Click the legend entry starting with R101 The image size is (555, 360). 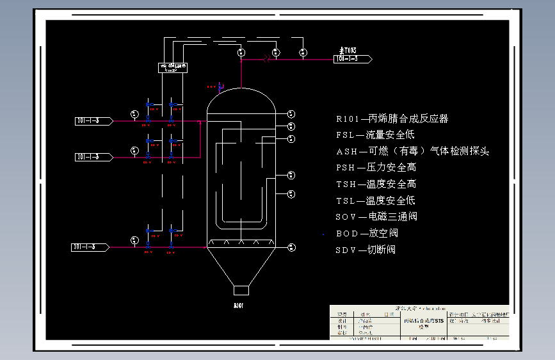(392, 119)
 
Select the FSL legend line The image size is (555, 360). (375, 135)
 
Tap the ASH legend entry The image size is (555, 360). (412, 151)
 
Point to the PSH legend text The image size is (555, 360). (376, 167)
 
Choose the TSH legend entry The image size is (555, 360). (376, 184)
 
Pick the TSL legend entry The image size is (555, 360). (376, 200)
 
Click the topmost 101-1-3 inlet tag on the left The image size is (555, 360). (93, 120)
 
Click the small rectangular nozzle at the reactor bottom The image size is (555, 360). (241, 290)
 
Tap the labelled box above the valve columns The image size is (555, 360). (173, 67)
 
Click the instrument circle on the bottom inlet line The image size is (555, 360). (134, 240)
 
